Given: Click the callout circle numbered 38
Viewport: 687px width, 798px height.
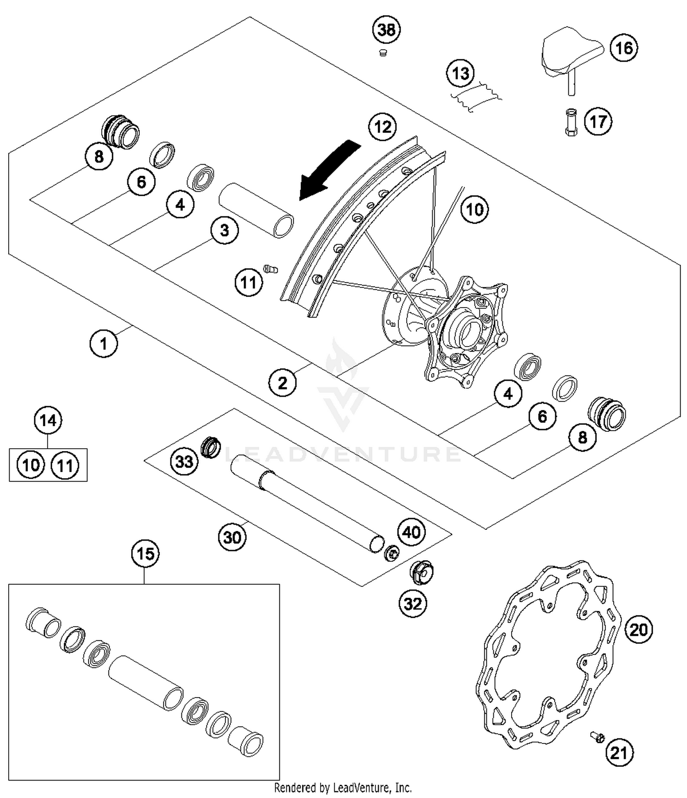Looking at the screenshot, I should pyautogui.click(x=386, y=30).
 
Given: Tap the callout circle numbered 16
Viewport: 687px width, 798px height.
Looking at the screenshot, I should pyautogui.click(x=623, y=48).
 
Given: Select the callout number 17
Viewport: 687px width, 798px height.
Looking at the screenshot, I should pyautogui.click(x=598, y=122).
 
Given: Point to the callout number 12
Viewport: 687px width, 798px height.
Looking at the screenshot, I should pyautogui.click(x=383, y=127).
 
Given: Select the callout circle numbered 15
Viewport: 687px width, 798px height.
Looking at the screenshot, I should pyautogui.click(x=146, y=554).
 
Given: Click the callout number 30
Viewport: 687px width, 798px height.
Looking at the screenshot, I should pyautogui.click(x=232, y=537).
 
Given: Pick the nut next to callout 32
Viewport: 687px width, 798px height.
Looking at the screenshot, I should pyautogui.click(x=421, y=572).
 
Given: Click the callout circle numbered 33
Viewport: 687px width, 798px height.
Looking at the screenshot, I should pyautogui.click(x=184, y=461).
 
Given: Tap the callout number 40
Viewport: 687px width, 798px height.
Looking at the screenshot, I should pyautogui.click(x=411, y=532).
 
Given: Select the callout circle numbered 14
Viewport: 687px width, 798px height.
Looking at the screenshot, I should pyautogui.click(x=48, y=420).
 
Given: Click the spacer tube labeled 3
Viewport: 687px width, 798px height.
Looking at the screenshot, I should pyautogui.click(x=256, y=210).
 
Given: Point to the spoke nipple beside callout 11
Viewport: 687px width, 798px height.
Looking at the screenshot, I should pyautogui.click(x=271, y=269).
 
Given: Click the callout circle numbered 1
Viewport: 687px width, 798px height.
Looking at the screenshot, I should pyautogui.click(x=104, y=343).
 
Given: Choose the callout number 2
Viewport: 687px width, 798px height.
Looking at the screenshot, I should pyautogui.click(x=283, y=383).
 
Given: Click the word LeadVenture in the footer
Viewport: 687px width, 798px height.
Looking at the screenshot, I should pyautogui.click(x=361, y=788).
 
